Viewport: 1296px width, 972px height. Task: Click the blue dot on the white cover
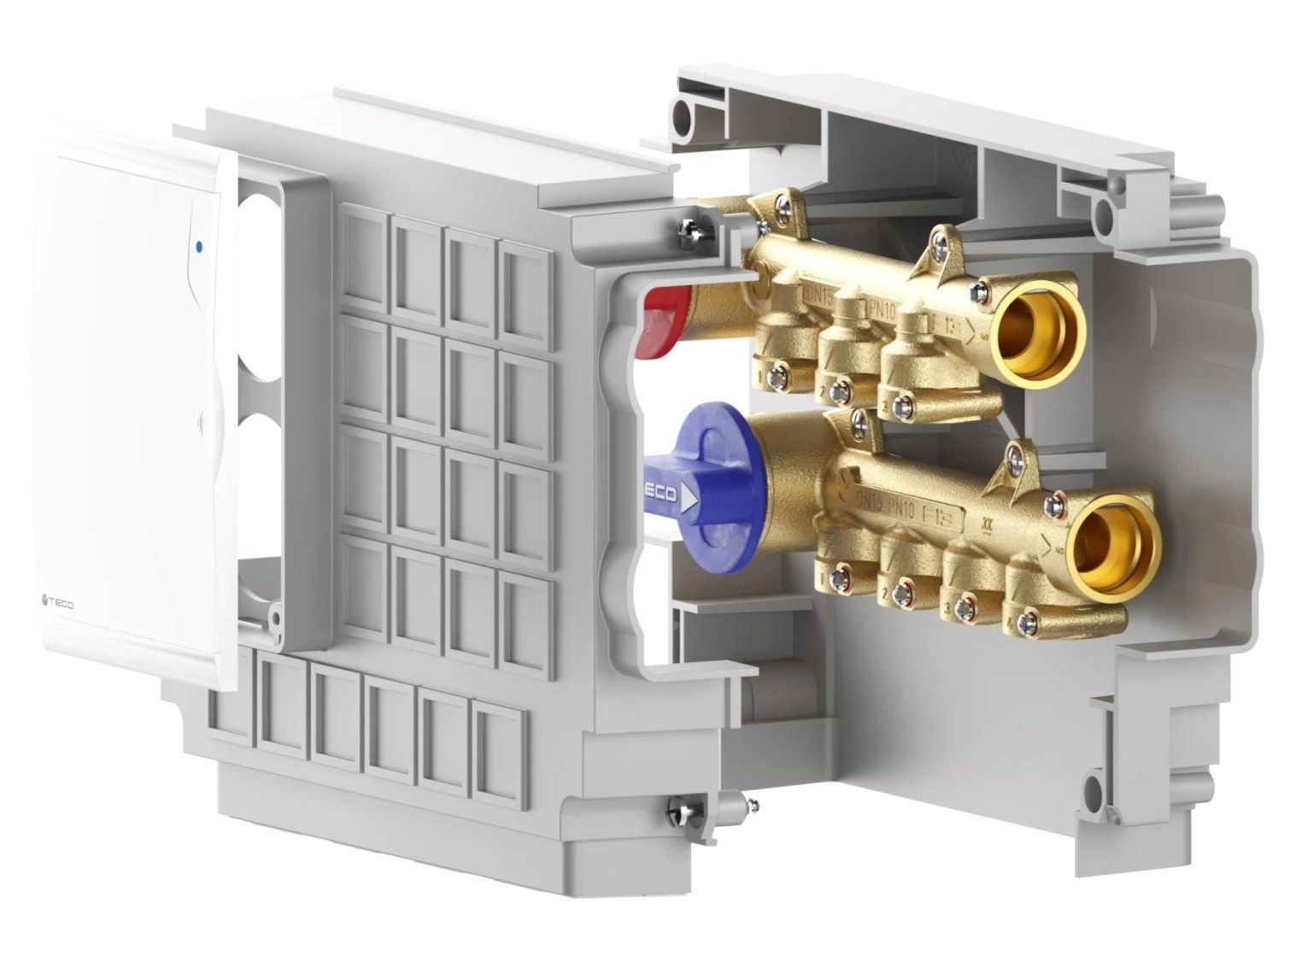tap(199, 247)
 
